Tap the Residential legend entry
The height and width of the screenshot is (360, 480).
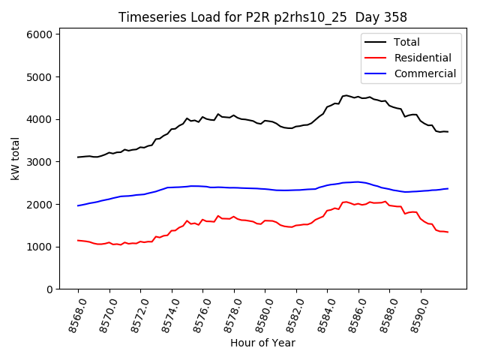pos(422,58)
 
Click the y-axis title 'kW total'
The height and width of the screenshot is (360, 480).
pos(16,159)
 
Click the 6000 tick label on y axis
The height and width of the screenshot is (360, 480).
pos(39,34)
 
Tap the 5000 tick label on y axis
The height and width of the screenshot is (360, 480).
pos(39,77)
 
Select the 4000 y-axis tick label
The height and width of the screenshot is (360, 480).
pos(39,119)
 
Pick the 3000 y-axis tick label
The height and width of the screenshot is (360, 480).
pos(39,162)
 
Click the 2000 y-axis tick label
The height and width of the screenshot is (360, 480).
pos(39,205)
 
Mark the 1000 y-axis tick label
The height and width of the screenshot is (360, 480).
pos(39,247)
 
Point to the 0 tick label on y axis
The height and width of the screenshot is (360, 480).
pos(49,289)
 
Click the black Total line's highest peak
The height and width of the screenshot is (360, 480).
pos(346,95)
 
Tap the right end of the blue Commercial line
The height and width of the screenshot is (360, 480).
pos(448,188)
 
